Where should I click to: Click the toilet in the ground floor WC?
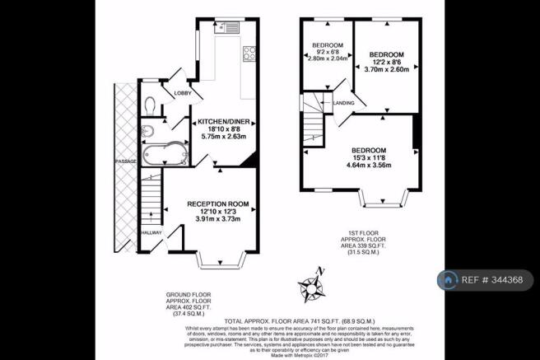click(x=149, y=105)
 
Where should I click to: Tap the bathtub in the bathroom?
click(x=159, y=153)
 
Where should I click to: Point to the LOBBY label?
click(x=182, y=93)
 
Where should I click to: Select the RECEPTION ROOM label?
click(x=217, y=203)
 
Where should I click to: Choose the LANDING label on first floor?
click(x=344, y=102)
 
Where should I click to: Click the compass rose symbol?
click(x=312, y=287)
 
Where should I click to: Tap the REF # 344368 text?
click(x=496, y=280)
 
